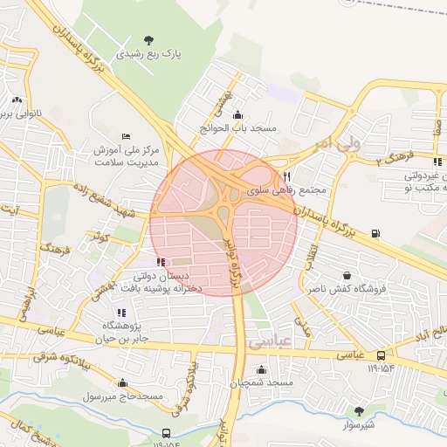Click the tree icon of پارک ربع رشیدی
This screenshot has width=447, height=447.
pyautogui.click(x=150, y=39)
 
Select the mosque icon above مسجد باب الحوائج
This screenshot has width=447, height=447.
pyautogui.click(x=238, y=114)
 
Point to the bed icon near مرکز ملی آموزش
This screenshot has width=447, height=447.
pyautogui.click(x=127, y=136)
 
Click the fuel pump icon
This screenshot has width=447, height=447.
pyautogui.click(x=376, y=233)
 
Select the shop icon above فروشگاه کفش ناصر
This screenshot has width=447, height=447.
pyautogui.click(x=348, y=275)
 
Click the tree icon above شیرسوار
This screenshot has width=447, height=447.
pyautogui.click(x=359, y=410)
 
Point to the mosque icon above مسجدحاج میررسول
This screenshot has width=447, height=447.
pyautogui.click(x=121, y=382)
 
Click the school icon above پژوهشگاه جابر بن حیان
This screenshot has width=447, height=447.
pyautogui.click(x=120, y=312)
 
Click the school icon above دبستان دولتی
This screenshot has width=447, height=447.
pyautogui.click(x=159, y=262)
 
